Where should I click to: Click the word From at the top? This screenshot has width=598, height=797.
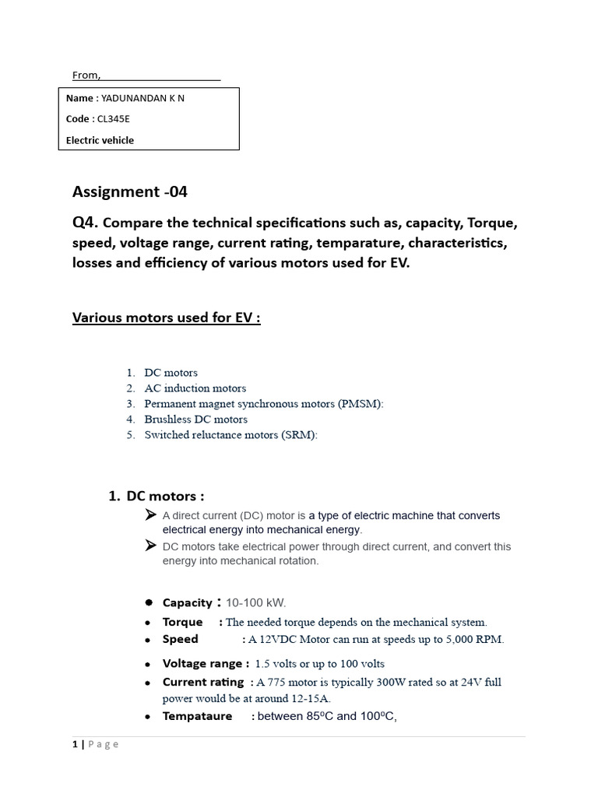pos(86,75)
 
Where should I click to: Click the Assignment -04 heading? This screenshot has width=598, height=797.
pos(130,191)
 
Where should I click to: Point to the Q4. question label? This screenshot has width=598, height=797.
pos(86,223)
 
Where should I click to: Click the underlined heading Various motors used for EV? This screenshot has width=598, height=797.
pos(166,318)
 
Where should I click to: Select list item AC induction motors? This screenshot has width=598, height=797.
pos(195,388)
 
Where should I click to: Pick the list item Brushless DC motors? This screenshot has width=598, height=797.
pos(195,420)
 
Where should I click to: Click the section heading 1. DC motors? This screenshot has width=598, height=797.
pos(157,497)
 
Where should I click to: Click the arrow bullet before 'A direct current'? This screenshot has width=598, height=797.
pos(151,514)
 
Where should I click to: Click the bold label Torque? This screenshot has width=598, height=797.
pos(182,622)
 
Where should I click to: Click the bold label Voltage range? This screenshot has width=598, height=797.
pos(206,664)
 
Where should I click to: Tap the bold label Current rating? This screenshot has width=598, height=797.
pos(202,683)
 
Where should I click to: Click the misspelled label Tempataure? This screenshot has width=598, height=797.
pos(197,716)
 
